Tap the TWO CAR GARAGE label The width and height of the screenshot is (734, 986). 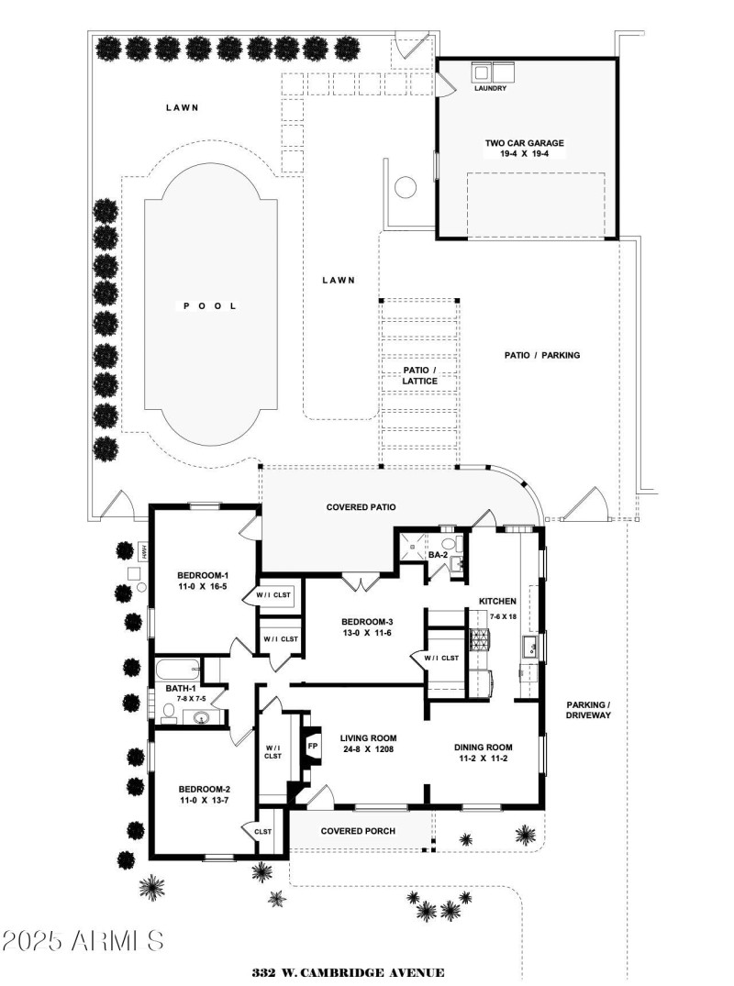pyautogui.click(x=524, y=143)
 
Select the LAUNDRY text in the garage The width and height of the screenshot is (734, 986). pyautogui.click(x=490, y=89)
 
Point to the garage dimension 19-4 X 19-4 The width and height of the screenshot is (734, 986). pyautogui.click(x=524, y=155)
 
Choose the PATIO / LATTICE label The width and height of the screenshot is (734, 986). pyautogui.click(x=419, y=375)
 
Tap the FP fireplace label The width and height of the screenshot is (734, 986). pyautogui.click(x=313, y=745)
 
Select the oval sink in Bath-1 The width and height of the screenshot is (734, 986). pyautogui.click(x=202, y=717)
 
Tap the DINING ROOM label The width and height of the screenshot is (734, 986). pyautogui.click(x=483, y=747)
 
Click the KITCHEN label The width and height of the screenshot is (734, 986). pyautogui.click(x=497, y=601)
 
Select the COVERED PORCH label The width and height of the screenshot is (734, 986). pyautogui.click(x=358, y=831)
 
